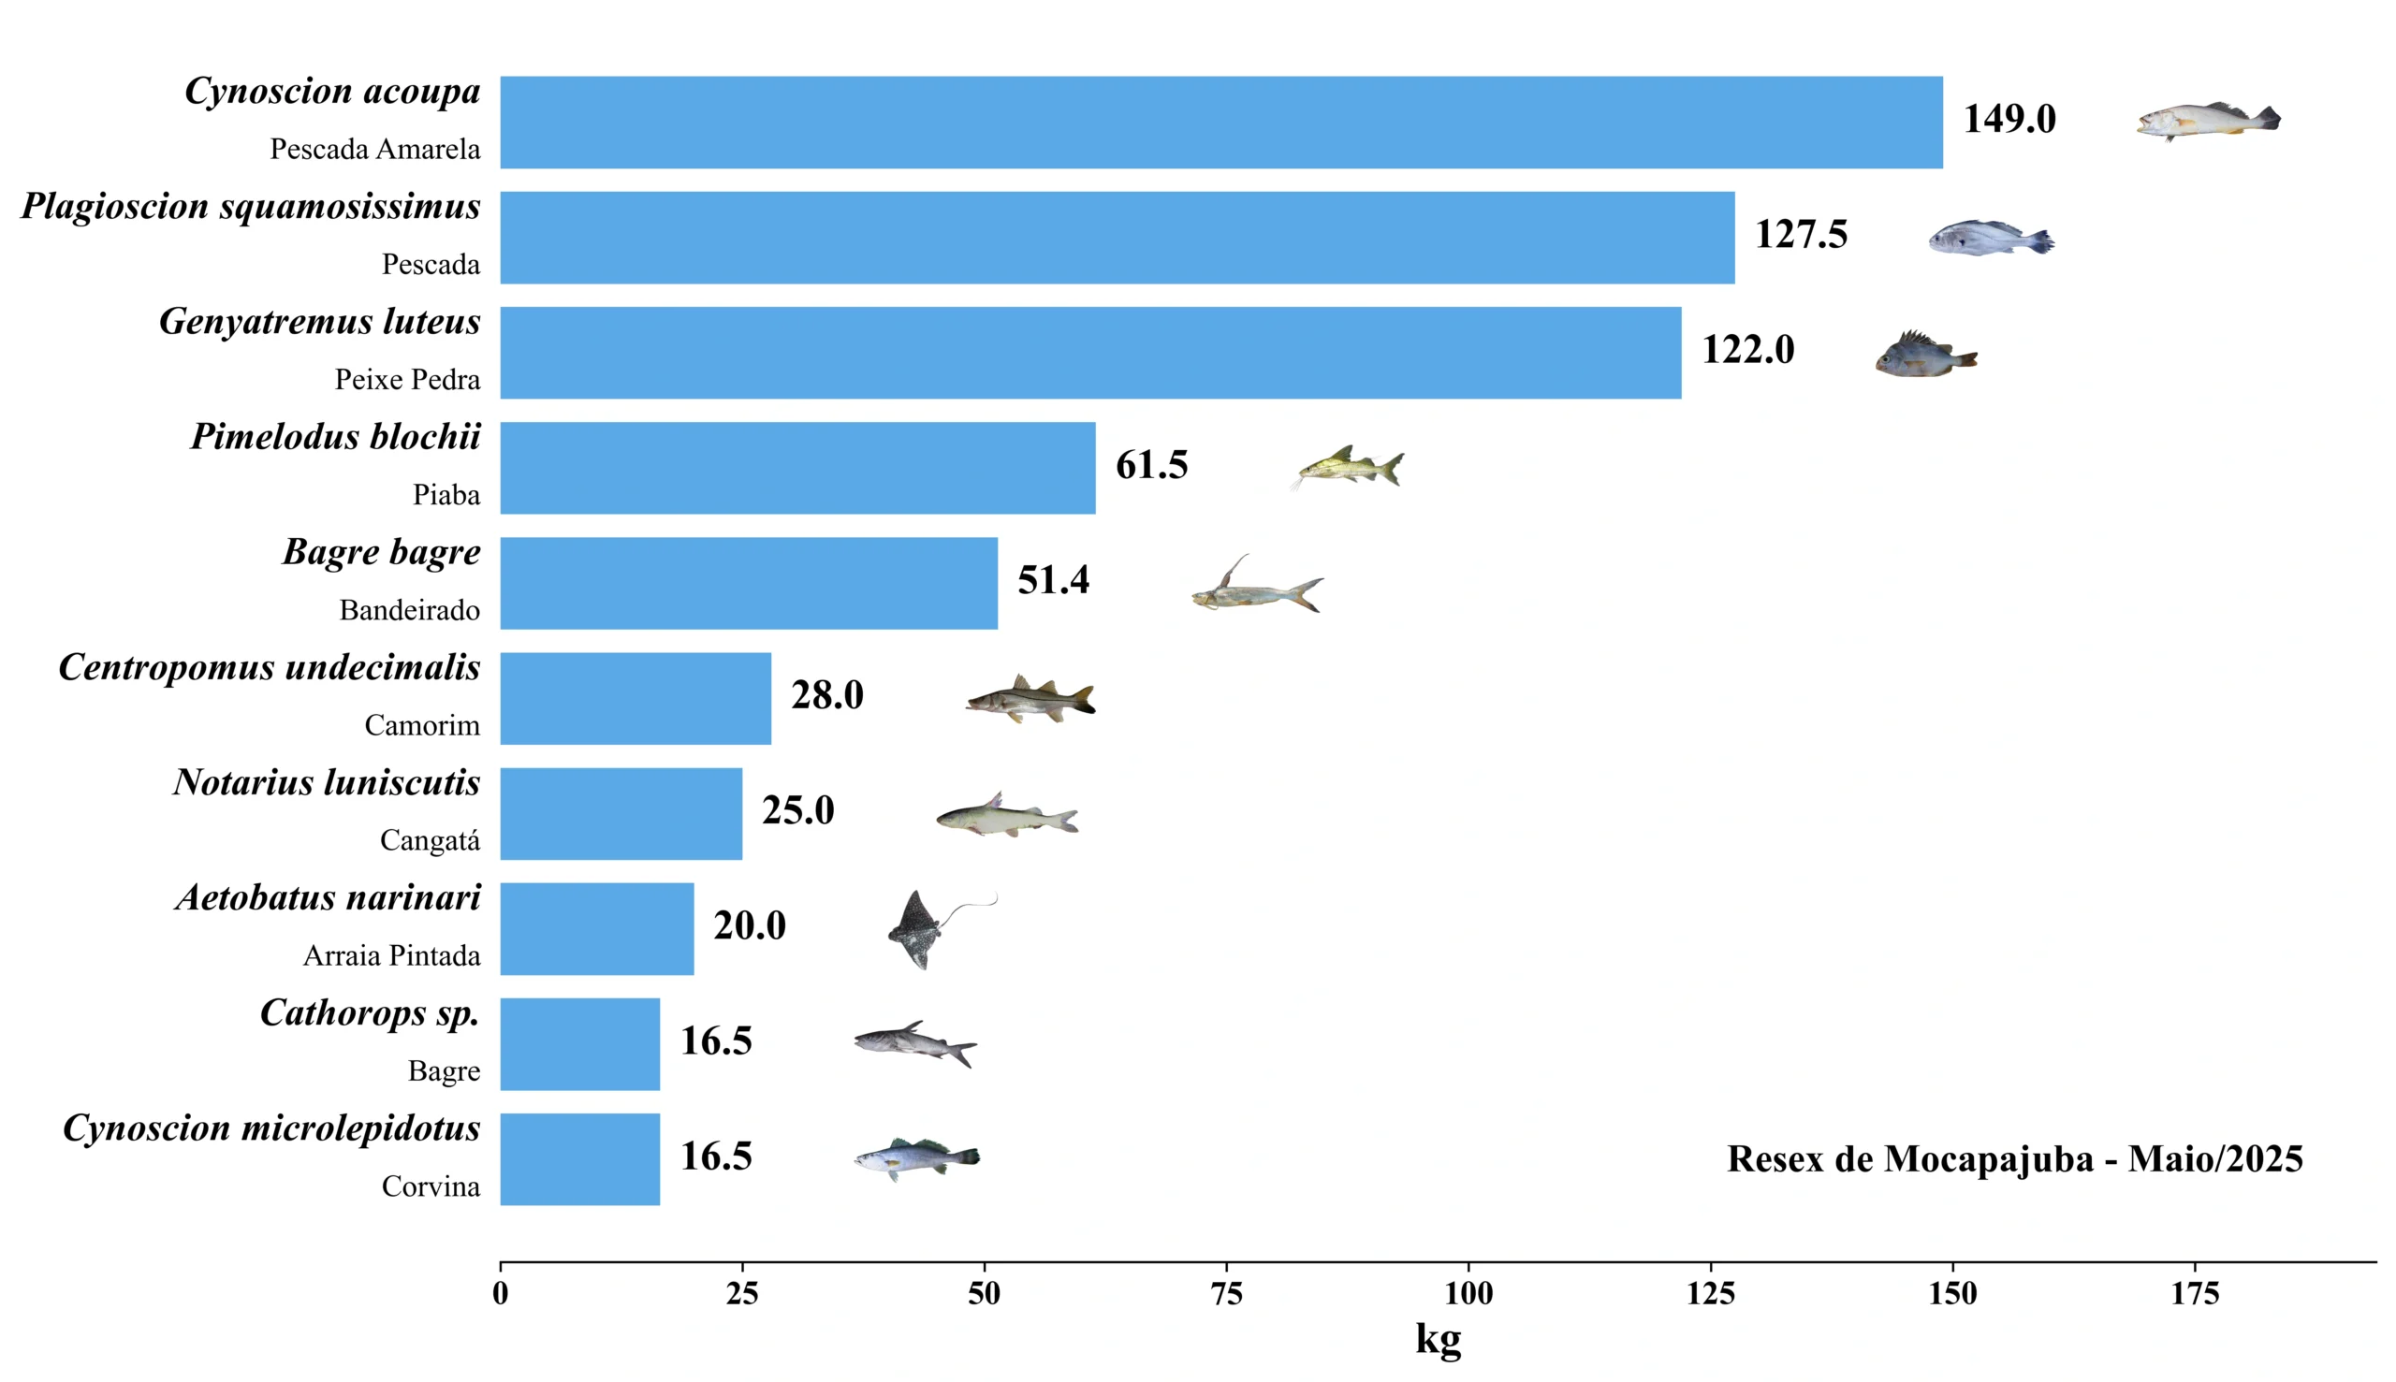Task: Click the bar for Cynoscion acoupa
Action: pyautogui.click(x=1220, y=123)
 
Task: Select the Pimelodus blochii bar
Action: pyautogui.click(x=797, y=468)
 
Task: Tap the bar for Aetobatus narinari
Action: pyautogui.click(x=596, y=928)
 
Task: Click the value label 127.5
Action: pyautogui.click(x=1801, y=235)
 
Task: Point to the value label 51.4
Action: pyautogui.click(x=1053, y=580)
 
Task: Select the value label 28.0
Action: pyautogui.click(x=826, y=695)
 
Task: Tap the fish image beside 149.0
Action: pyautogui.click(x=2207, y=122)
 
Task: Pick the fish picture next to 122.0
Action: pyautogui.click(x=1925, y=355)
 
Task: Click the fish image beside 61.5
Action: pyautogui.click(x=1349, y=467)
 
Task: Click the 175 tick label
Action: pyautogui.click(x=2195, y=1293)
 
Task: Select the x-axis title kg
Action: pyautogui.click(x=1438, y=1339)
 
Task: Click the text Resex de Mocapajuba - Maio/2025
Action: pyautogui.click(x=2014, y=1159)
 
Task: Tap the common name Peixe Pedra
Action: pyautogui.click(x=407, y=380)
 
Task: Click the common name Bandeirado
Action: pyautogui.click(x=409, y=610)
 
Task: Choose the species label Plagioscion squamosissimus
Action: pyautogui.click(x=251, y=206)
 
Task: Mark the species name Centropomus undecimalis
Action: pyautogui.click(x=270, y=667)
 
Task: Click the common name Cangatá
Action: pyautogui.click(x=429, y=841)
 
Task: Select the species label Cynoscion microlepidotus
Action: pyautogui.click(x=271, y=1128)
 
